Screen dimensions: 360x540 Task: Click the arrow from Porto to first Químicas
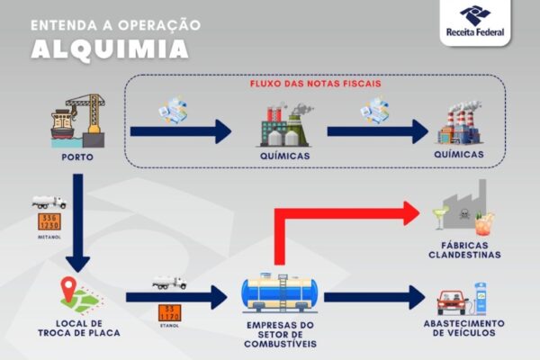[x=180, y=132]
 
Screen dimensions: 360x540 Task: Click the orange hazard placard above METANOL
[x=48, y=220]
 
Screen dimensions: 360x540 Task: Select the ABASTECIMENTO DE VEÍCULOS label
[x=463, y=328]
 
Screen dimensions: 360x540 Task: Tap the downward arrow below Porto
[x=78, y=225]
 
